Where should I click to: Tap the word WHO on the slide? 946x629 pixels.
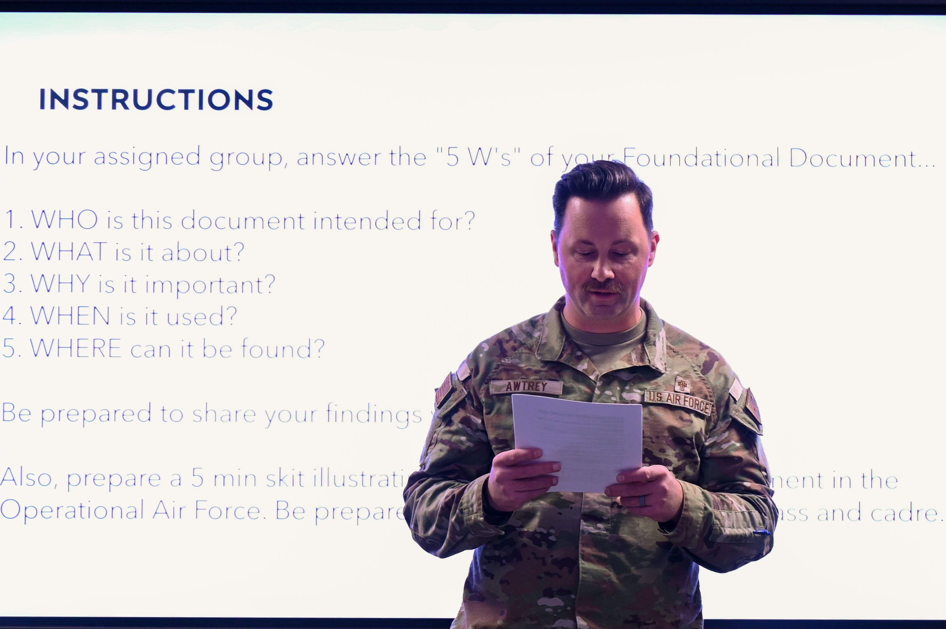[x=64, y=220]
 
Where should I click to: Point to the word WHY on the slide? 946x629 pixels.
[x=60, y=284]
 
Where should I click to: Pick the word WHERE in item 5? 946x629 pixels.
[x=76, y=348]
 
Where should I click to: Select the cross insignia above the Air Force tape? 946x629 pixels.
[x=682, y=385]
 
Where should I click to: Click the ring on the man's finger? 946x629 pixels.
[x=642, y=501]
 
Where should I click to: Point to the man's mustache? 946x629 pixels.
[x=604, y=286]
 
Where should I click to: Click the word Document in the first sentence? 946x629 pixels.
[x=853, y=158]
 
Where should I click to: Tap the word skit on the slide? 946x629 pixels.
[x=285, y=479]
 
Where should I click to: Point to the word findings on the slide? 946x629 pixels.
[x=373, y=414]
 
